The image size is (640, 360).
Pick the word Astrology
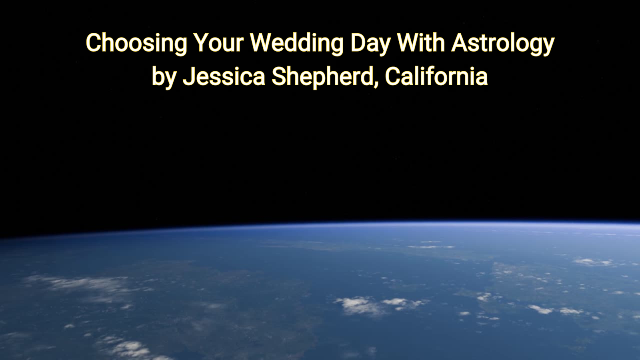point(503,43)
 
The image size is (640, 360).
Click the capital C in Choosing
point(92,43)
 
